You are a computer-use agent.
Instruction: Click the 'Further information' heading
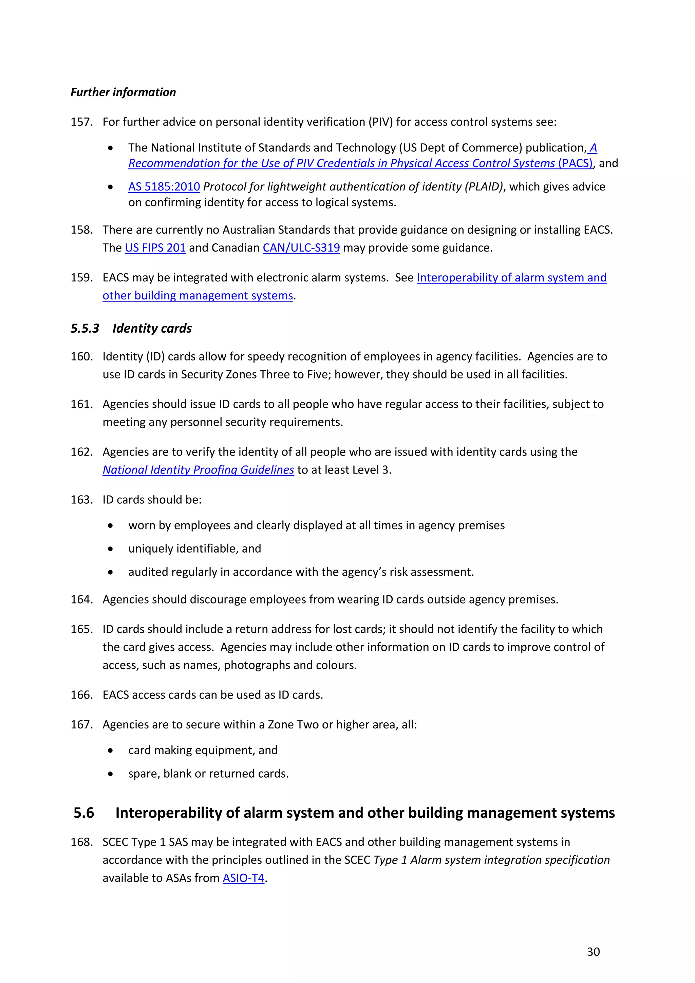pyautogui.click(x=123, y=92)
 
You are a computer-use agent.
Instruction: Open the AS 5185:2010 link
pyautogui.click(x=164, y=187)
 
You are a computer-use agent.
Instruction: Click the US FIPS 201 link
pyautogui.click(x=155, y=248)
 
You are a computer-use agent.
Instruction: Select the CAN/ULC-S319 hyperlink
pyautogui.click(x=301, y=248)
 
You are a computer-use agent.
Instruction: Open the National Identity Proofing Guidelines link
pyautogui.click(x=198, y=470)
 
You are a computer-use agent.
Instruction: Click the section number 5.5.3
pyautogui.click(x=85, y=328)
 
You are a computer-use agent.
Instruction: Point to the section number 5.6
pyautogui.click(x=84, y=813)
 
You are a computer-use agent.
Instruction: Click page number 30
pyautogui.click(x=593, y=952)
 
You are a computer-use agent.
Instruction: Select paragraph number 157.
pyautogui.click(x=81, y=122)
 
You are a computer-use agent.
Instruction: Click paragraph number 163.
pyautogui.click(x=81, y=500)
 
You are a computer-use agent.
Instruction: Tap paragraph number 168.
pyautogui.click(x=81, y=842)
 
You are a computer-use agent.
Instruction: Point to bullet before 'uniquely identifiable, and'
pyautogui.click(x=110, y=549)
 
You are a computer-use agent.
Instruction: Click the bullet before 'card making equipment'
pyautogui.click(x=110, y=750)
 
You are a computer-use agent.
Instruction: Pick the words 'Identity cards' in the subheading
pyautogui.click(x=152, y=328)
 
